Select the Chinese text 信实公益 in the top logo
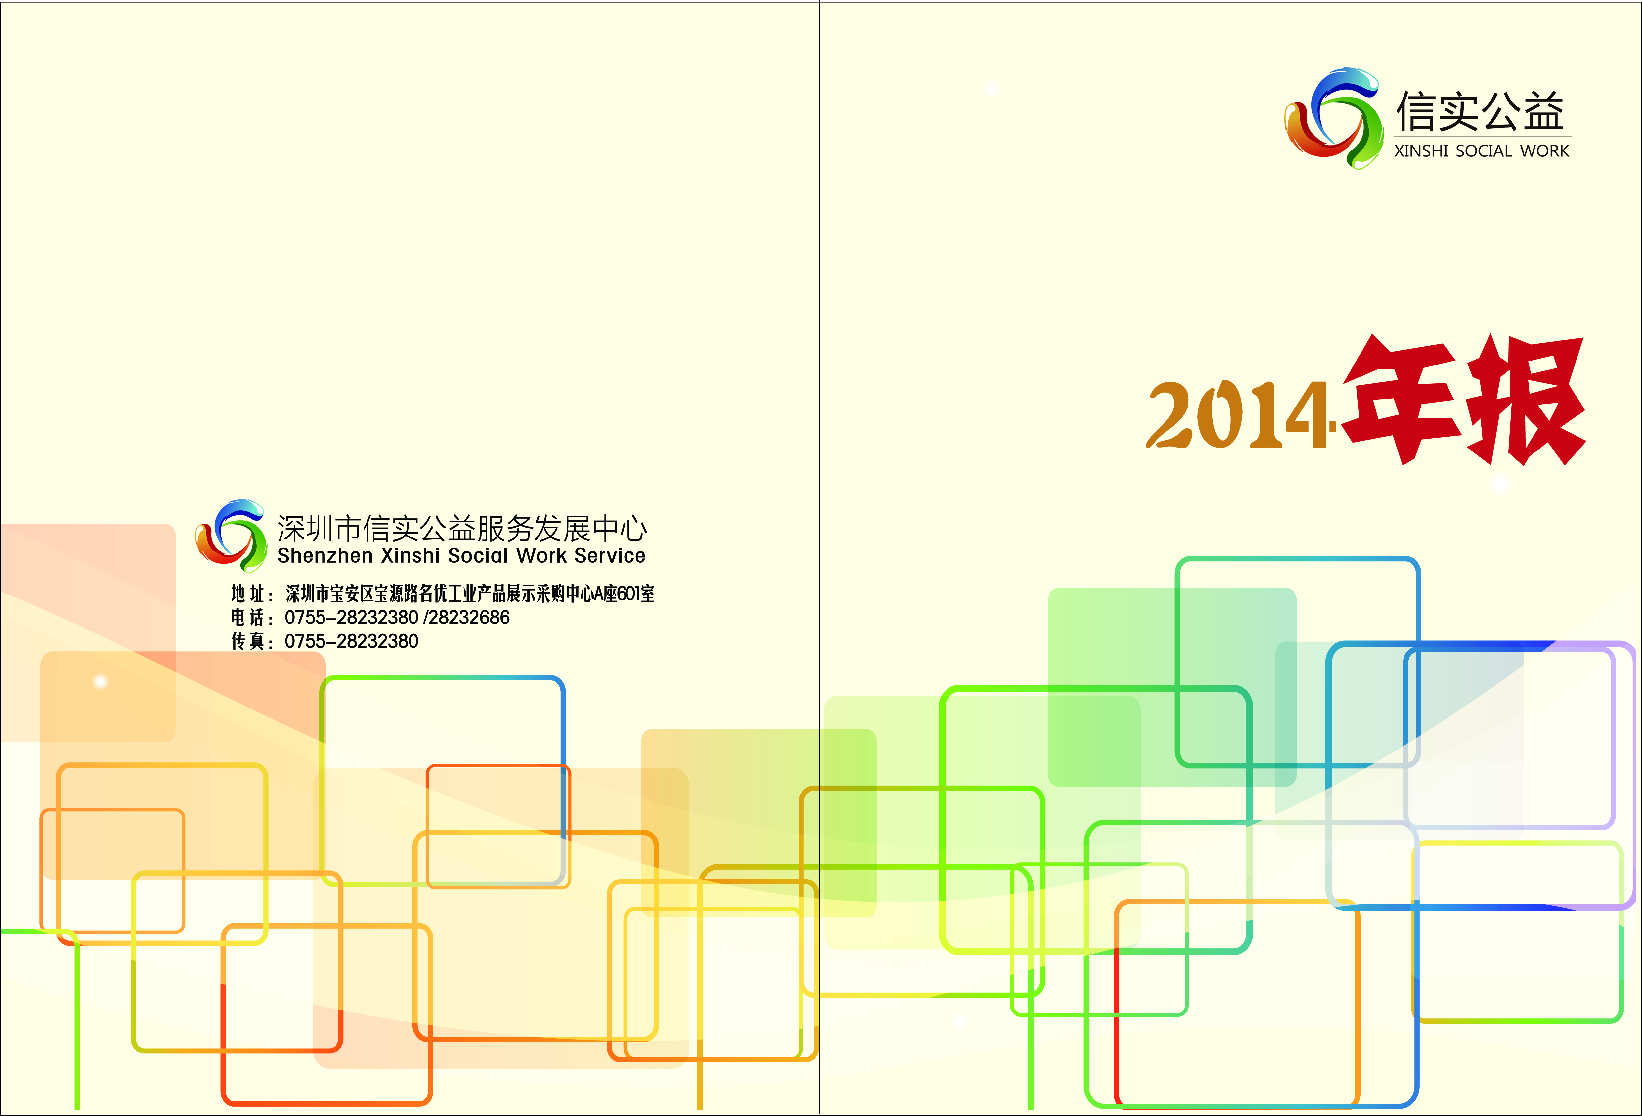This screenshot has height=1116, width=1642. pyautogui.click(x=1480, y=111)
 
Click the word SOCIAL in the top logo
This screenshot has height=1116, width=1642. pyautogui.click(x=1484, y=151)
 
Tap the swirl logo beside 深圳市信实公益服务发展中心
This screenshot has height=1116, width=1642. pyautogui.click(x=231, y=536)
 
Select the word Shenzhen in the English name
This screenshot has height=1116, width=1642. pyautogui.click(x=325, y=556)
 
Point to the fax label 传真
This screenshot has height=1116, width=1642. pyautogui.click(x=248, y=641)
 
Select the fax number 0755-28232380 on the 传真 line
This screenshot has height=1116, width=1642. pyautogui.click(x=351, y=641)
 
